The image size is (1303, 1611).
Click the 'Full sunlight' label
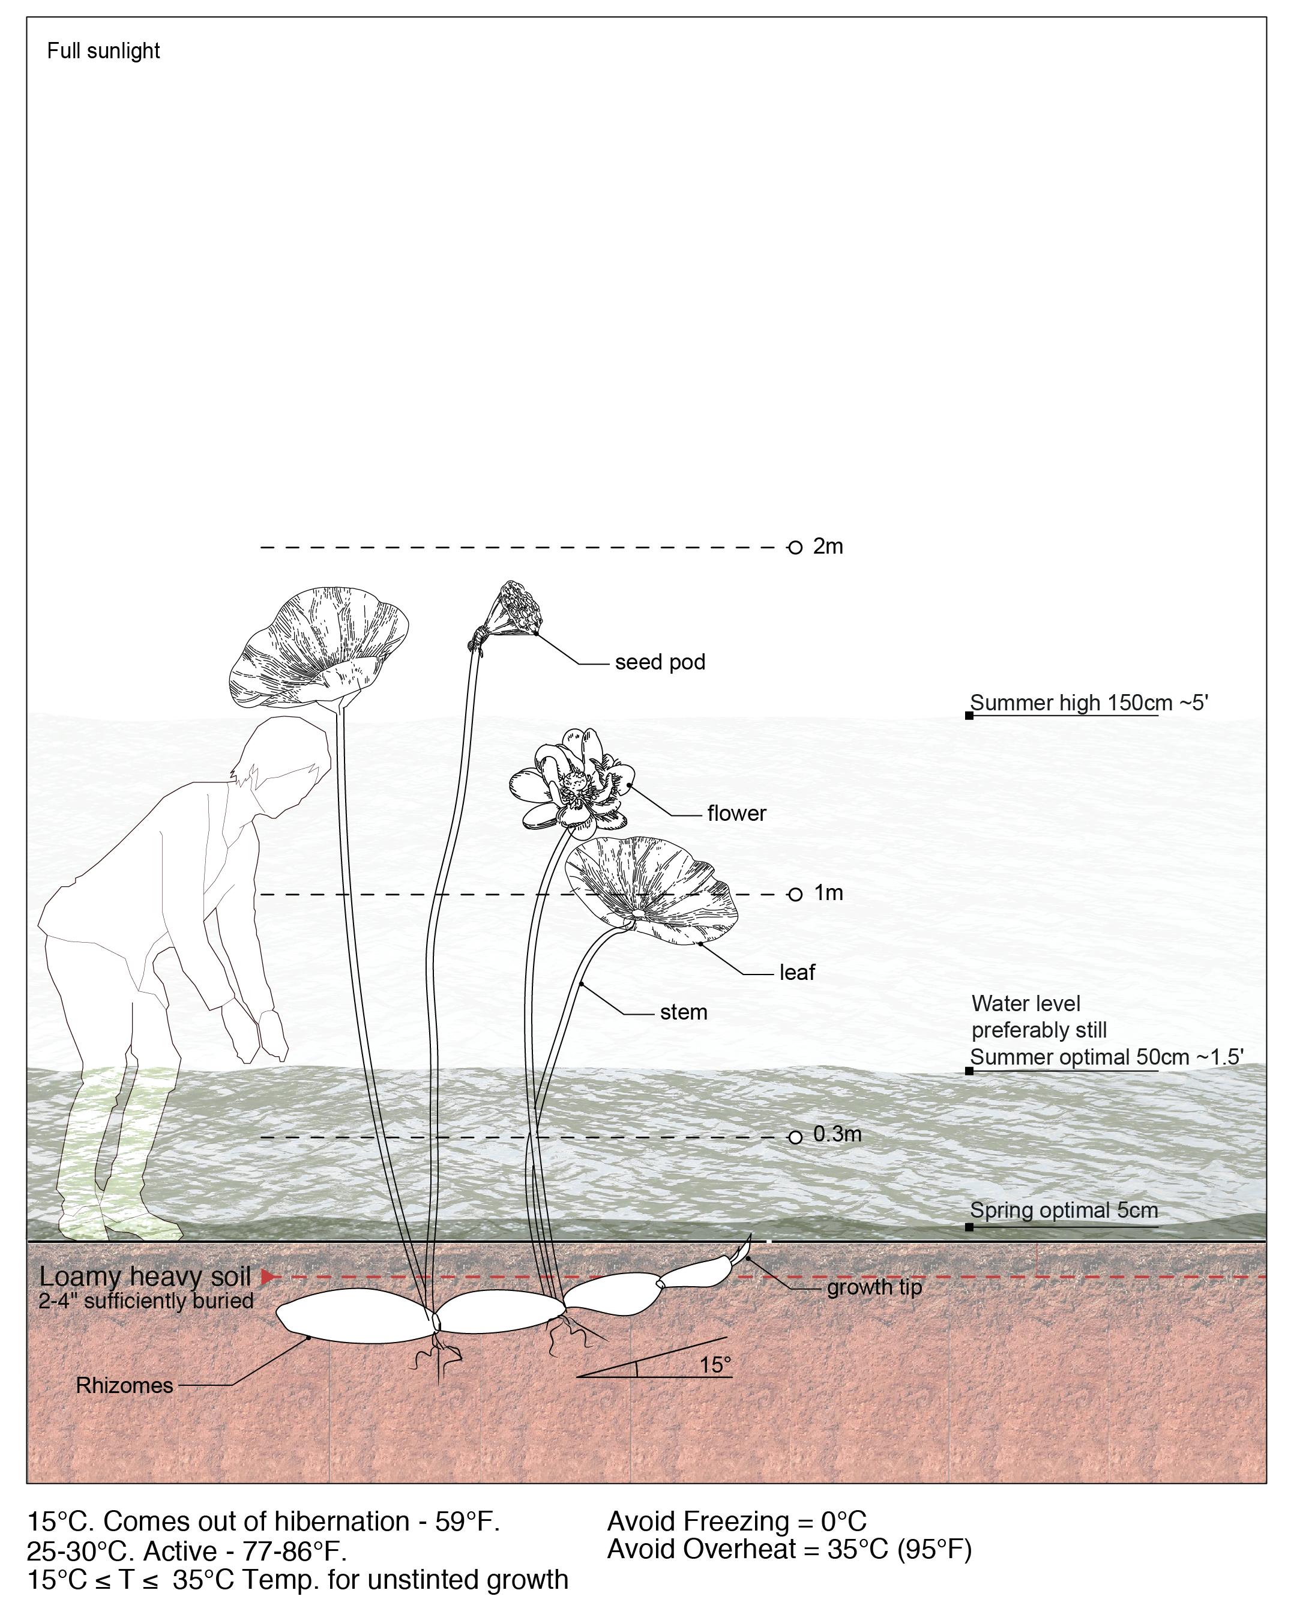(104, 51)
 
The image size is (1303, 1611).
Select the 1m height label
(829, 893)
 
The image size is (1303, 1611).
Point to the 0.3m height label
(837, 1134)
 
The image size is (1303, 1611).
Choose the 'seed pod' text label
(660, 663)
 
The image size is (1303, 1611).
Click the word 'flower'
(736, 814)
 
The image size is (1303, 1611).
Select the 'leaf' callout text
(796, 973)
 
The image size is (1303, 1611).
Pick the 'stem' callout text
(683, 1013)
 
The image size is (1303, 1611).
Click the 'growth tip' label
(874, 1288)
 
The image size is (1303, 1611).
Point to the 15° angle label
(715, 1365)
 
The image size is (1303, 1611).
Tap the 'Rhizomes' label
(125, 1386)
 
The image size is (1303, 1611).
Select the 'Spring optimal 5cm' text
(1064, 1211)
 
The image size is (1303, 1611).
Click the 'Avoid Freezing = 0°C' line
(736, 1522)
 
